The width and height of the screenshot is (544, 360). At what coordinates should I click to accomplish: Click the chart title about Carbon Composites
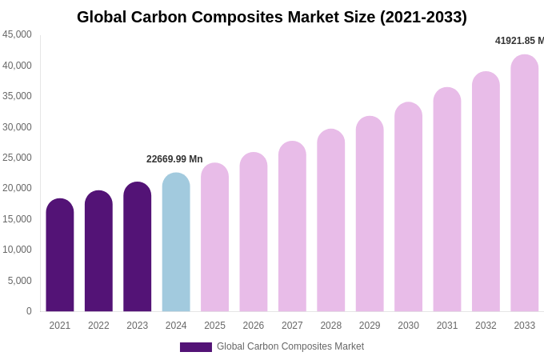(x=272, y=17)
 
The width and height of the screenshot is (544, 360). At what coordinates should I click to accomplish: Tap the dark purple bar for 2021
(x=60, y=255)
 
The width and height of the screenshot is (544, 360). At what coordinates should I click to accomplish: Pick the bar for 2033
(x=525, y=183)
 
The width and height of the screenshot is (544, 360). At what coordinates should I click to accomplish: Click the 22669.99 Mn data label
(x=174, y=159)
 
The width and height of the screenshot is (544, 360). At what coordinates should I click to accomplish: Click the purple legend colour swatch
(x=196, y=347)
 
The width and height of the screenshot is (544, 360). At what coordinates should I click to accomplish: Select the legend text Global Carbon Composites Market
(x=290, y=346)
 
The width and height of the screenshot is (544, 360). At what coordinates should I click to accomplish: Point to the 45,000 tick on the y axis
(x=18, y=34)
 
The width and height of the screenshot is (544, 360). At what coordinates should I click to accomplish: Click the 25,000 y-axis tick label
(x=18, y=158)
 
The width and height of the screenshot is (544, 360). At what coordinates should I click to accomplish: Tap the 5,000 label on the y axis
(x=20, y=281)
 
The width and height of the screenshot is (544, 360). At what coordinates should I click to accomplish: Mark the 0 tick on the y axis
(x=29, y=311)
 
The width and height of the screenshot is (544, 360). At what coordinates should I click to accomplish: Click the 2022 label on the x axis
(x=98, y=326)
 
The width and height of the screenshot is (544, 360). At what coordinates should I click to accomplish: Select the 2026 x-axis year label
(x=254, y=326)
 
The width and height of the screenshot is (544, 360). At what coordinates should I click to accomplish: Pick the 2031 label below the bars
(x=447, y=326)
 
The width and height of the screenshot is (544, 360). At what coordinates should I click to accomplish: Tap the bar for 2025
(x=214, y=238)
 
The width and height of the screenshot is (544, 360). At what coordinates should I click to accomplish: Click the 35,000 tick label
(x=18, y=96)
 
